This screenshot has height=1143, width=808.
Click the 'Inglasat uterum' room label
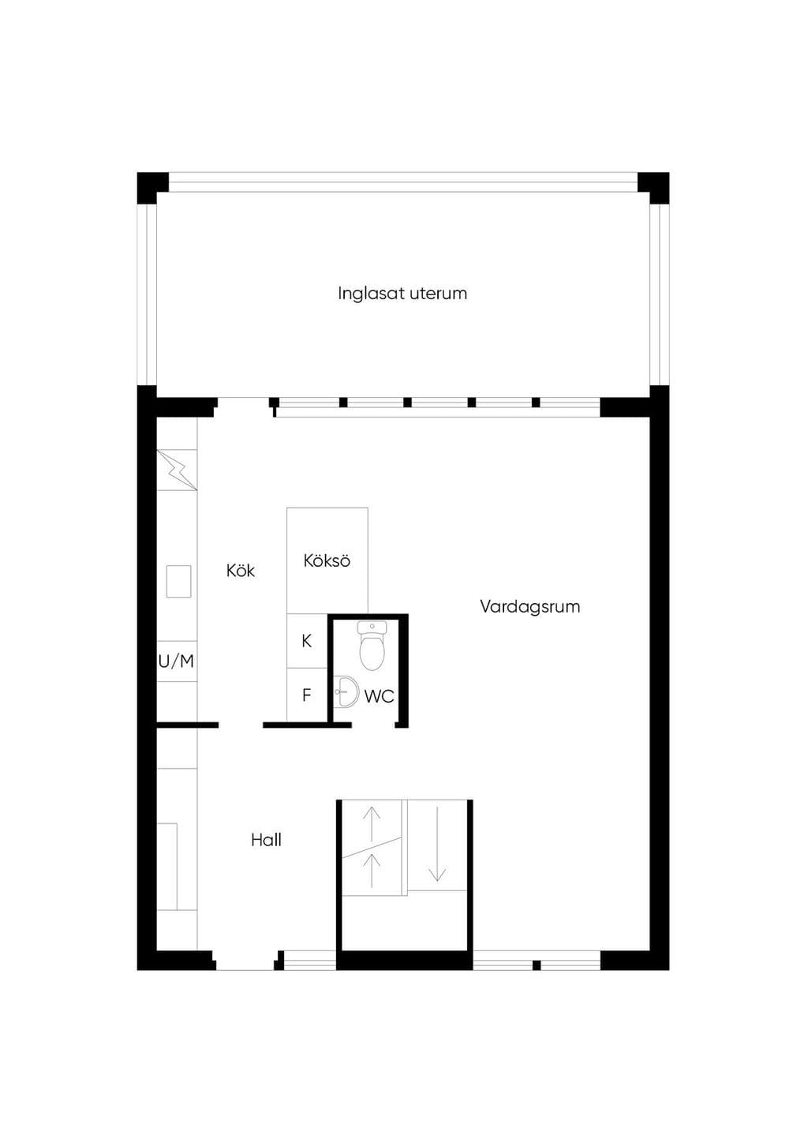402,294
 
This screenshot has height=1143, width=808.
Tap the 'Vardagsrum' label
530,607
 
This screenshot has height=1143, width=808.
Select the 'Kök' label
240,570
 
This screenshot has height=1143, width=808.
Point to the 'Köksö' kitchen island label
327,560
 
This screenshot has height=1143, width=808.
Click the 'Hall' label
266,840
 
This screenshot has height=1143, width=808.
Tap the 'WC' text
379,696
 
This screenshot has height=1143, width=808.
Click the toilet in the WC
372,646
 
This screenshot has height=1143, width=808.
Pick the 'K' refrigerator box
307,641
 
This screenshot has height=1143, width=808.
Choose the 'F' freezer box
307,695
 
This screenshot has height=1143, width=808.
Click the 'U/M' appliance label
176,661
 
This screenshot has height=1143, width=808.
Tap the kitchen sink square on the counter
178,581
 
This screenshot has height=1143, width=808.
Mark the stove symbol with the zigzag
177,470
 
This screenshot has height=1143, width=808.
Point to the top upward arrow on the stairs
372,823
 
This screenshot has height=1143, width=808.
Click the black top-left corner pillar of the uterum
152,188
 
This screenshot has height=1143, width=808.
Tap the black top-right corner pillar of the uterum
653,188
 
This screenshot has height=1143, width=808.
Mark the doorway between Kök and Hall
241,725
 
